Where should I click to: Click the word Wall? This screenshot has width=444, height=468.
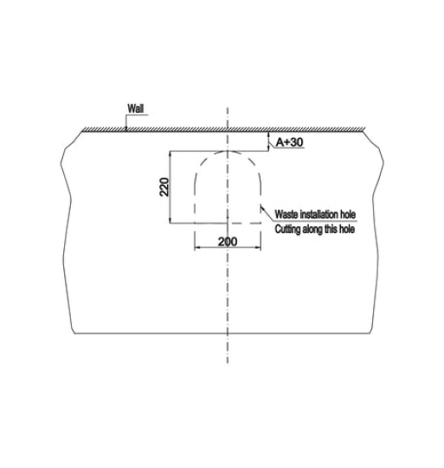tap(136, 108)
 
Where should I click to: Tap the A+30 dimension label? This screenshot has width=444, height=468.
tap(289, 142)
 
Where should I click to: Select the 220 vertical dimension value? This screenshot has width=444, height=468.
tap(164, 187)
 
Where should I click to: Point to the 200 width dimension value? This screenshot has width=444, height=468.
tap(228, 242)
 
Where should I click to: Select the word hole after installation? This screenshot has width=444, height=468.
tap(348, 214)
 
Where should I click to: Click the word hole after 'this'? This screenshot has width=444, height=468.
tap(347, 229)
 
